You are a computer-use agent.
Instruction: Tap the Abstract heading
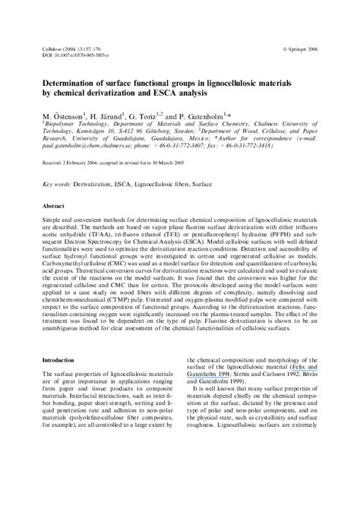coord(53,206)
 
